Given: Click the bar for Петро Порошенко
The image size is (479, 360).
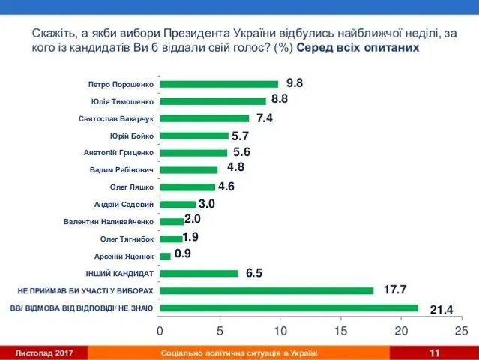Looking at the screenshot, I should (219, 83).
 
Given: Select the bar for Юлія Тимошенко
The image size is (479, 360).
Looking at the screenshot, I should (213, 100).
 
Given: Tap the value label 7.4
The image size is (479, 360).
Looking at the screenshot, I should (265, 118).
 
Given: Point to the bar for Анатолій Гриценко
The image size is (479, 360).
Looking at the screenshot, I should (193, 152).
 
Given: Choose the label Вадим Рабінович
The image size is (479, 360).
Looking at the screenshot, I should (121, 169).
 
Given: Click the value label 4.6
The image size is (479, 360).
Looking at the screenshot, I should (226, 187).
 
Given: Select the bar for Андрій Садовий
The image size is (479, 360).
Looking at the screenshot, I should (178, 204).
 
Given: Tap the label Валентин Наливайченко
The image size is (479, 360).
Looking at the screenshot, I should (109, 221).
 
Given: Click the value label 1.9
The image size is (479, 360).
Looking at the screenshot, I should (190, 238).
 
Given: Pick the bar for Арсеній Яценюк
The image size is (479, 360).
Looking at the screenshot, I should (165, 256).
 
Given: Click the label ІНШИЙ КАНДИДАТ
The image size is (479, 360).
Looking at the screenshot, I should (120, 273).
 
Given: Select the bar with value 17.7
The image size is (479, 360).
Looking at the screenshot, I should (266, 290).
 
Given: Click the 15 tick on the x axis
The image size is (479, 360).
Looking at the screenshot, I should (341, 330).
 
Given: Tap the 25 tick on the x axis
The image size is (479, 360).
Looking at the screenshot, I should (461, 330).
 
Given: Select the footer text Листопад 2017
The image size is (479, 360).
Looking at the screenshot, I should (45, 352).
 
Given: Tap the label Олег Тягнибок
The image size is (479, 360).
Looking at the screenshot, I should (127, 238).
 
